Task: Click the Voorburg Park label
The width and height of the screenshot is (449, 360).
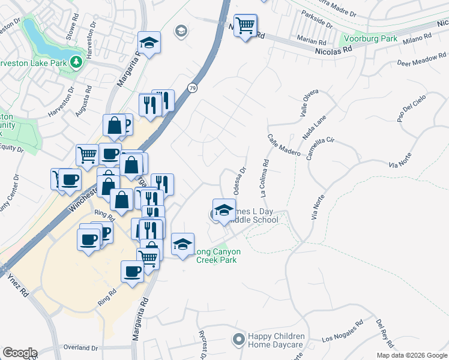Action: point(369,39)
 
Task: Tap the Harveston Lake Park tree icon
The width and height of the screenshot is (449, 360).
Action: point(76,62)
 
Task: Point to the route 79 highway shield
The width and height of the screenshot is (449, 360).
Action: point(191,88)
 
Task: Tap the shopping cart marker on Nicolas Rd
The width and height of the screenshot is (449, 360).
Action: point(245,26)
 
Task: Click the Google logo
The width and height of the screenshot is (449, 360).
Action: point(20,353)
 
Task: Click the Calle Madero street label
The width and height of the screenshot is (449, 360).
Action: point(284,145)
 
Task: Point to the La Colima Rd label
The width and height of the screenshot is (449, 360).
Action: point(263,178)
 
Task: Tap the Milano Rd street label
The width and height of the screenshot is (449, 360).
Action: point(417,39)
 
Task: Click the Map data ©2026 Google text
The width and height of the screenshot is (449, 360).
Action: point(412,355)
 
